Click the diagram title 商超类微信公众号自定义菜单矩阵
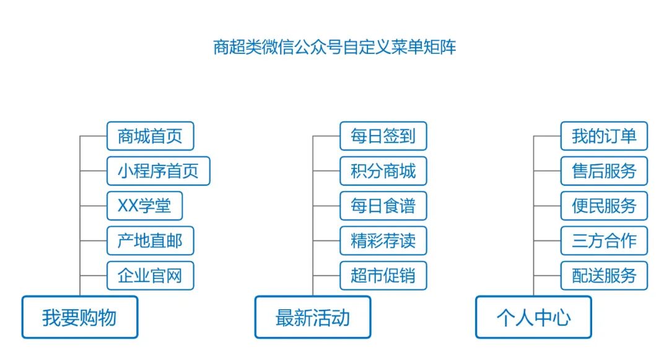[334, 48]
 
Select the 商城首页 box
[150, 136]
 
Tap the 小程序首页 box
[158, 171]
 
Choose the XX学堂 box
[144, 206]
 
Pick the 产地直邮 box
[150, 240]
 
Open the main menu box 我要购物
[80, 317]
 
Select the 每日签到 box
[383, 136]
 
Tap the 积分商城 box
[383, 171]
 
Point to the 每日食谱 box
[383, 206]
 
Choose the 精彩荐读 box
[383, 240]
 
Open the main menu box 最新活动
[313, 317]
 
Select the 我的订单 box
[604, 136]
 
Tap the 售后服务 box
[604, 171]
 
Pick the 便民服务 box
[604, 206]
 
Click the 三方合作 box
[604, 240]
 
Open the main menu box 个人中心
[533, 317]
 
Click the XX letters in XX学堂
[127, 206]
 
